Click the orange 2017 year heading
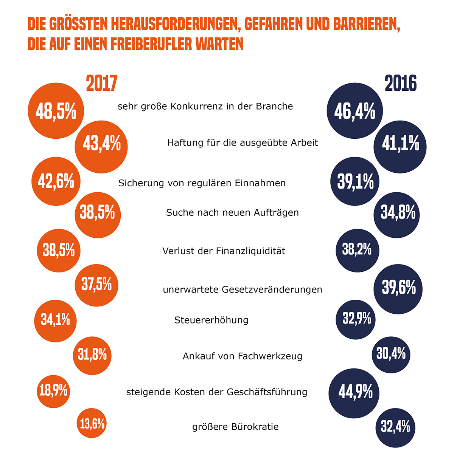pos(102,84)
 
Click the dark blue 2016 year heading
pos(401,84)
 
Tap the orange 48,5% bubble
pos(56,111)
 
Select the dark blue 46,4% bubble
pos(355,111)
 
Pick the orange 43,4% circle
pos(101,147)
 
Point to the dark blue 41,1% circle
pos(400,147)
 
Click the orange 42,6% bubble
pos(56,182)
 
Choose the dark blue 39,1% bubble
pos(355,182)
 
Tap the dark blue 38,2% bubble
pos(357,250)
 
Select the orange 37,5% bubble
pos(97,285)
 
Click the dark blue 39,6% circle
pos(398,289)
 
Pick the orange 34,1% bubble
pos(55,321)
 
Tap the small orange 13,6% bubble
pos(92,424)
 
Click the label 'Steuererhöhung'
pos(211,320)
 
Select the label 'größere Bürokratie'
pos(235,427)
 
